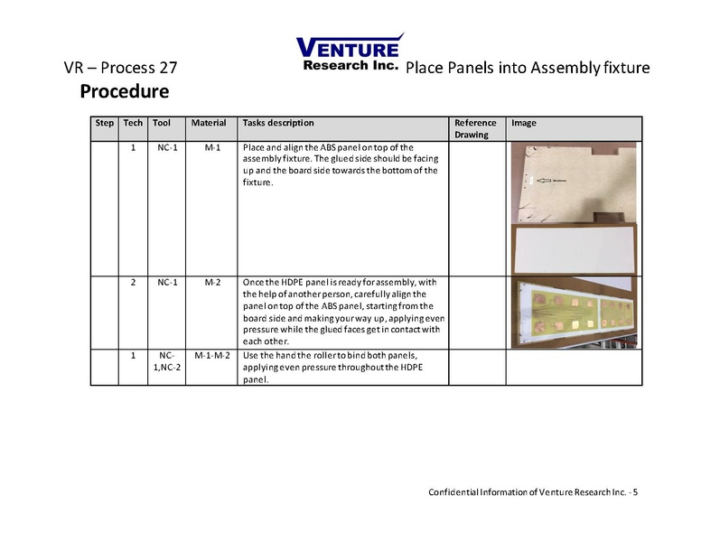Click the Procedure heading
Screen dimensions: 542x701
(124, 91)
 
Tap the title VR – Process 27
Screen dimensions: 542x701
(120, 69)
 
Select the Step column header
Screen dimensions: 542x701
(105, 123)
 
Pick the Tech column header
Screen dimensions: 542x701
(133, 123)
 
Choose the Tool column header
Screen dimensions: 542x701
(162, 123)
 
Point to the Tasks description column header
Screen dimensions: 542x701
(279, 123)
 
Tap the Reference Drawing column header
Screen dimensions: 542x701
(475, 128)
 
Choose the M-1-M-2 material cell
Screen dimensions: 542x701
(213, 356)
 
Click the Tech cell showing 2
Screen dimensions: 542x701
(133, 283)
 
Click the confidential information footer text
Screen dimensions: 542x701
(533, 491)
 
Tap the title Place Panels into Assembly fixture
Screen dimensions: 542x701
(528, 69)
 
